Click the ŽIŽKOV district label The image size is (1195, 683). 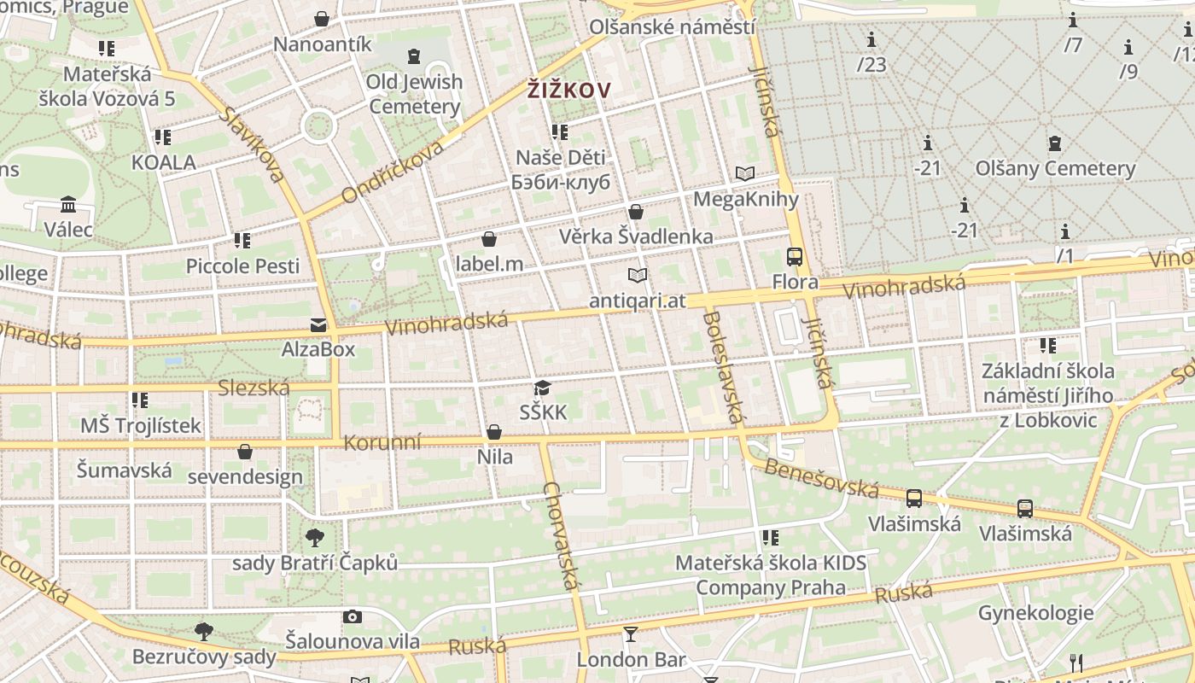569,90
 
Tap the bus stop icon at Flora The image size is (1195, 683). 794,256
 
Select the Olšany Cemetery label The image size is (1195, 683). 1056,168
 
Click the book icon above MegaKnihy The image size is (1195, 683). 745,174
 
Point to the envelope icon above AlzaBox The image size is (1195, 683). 318,324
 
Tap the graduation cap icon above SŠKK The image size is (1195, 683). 542,388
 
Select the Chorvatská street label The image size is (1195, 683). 561,536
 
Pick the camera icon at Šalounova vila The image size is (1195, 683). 352,616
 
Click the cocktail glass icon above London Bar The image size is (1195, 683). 630,633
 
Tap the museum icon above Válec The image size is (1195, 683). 68,204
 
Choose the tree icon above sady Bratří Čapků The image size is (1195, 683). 315,538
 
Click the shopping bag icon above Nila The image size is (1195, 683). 494,432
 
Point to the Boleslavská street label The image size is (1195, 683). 722,367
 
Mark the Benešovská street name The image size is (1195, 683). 821,479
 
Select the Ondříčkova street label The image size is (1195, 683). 392,172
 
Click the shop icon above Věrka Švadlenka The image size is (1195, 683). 636,212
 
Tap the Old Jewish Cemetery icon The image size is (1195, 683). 414,56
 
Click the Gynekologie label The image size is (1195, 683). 1035,612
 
